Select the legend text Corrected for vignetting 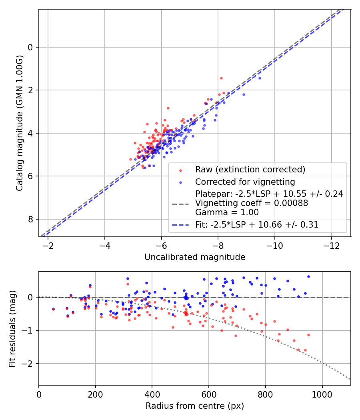click(245, 182)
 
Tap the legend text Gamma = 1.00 click(227, 212)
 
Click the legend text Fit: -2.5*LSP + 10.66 click(257, 225)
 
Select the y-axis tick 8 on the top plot click(31, 219)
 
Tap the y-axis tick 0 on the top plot click(31, 47)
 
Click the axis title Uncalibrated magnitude click(195, 257)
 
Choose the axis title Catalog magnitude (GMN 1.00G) click(20, 123)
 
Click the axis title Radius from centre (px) click(195, 406)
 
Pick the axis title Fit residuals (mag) click(12, 328)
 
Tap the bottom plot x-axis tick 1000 click(322, 394)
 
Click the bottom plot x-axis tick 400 click(152, 394)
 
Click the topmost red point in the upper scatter click(221, 78)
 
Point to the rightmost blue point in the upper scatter click(260, 78)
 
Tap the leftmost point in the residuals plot click(53, 309)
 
